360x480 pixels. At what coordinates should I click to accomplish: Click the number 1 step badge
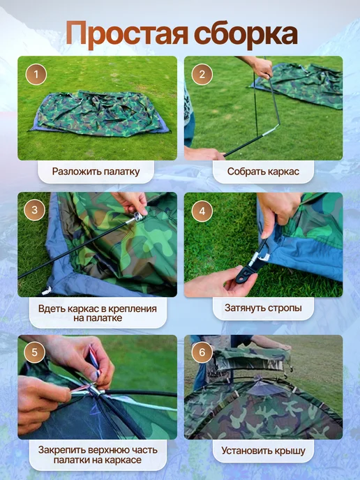point(36,75)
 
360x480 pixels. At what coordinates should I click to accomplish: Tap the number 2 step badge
point(202,75)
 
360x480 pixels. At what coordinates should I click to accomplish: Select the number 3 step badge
point(35,210)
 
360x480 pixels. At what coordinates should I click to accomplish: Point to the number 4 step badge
point(202,211)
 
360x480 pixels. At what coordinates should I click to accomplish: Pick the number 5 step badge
point(35,352)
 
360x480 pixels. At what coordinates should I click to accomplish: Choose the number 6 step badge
point(202,352)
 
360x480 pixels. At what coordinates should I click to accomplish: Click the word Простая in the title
point(127,33)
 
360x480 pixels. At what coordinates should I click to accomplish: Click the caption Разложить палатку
point(96,172)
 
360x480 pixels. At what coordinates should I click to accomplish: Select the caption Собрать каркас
point(263,172)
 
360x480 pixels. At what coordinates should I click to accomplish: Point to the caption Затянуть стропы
point(263,308)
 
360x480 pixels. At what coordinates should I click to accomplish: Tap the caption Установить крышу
point(263,451)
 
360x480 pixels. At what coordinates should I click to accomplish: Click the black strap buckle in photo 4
point(246,272)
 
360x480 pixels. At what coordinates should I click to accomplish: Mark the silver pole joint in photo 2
point(269,130)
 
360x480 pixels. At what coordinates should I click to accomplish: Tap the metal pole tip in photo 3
point(137,218)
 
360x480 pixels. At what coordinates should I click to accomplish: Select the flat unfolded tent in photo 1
point(100,114)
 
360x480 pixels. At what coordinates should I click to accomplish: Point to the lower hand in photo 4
point(217,283)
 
